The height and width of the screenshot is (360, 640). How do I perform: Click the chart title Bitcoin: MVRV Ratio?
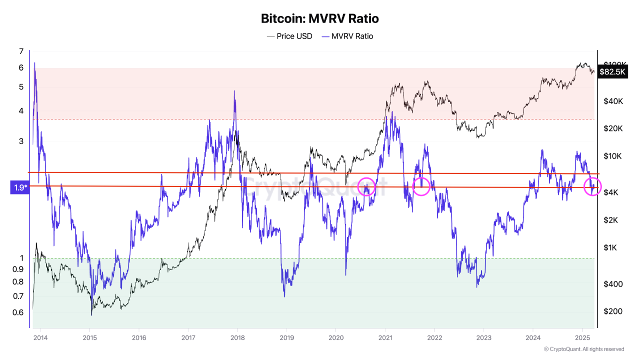click(x=320, y=19)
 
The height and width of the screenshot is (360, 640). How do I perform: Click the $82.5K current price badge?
click(x=612, y=72)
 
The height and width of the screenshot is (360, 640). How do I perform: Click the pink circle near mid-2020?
click(x=366, y=186)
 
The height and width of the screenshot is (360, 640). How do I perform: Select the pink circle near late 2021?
click(x=421, y=186)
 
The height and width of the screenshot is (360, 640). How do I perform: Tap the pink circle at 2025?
click(x=592, y=186)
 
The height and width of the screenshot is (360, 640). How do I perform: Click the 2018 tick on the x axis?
click(x=237, y=337)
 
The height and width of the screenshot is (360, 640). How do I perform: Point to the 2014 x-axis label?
click(x=40, y=337)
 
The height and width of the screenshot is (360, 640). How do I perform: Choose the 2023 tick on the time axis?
click(x=483, y=337)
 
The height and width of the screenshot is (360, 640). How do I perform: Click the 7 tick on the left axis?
click(x=21, y=51)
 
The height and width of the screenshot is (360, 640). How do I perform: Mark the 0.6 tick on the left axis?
click(x=18, y=313)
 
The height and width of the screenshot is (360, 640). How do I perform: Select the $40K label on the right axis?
click(x=613, y=101)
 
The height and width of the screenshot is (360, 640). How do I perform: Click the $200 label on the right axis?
click(x=612, y=311)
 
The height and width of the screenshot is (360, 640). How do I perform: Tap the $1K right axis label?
click(x=611, y=248)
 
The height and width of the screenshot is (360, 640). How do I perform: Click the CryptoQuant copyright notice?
click(x=583, y=349)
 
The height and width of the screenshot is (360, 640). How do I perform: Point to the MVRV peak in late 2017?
click(x=234, y=91)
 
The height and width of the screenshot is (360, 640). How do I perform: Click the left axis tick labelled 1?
click(x=21, y=258)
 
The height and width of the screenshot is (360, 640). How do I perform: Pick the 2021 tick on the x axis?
click(x=385, y=337)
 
